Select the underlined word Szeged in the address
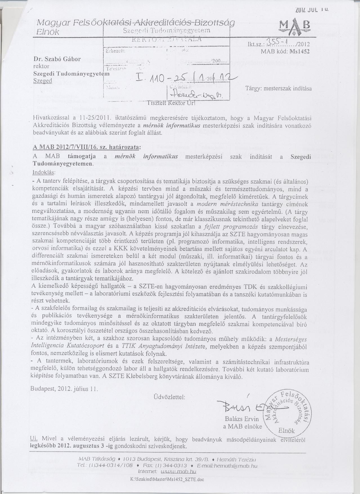43,81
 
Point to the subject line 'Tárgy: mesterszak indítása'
279,88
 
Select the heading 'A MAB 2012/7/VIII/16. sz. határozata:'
86,147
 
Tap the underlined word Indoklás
44,172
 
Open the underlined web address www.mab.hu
180,471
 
